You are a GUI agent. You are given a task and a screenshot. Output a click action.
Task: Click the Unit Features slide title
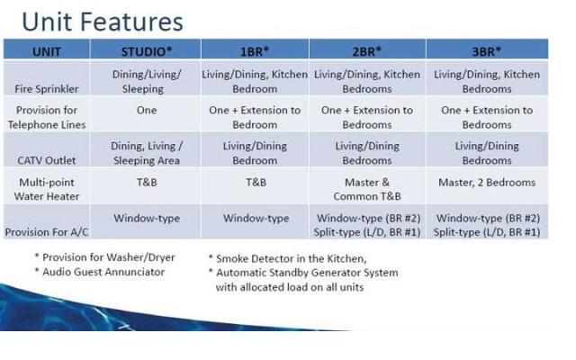[103, 22]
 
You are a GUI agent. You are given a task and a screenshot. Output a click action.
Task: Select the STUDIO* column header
[147, 51]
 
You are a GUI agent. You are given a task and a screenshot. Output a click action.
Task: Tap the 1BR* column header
[255, 51]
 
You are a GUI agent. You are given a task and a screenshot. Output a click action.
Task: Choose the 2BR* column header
[366, 51]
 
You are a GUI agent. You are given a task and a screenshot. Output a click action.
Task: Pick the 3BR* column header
[486, 51]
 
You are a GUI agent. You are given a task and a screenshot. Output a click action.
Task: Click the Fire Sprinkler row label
[47, 89]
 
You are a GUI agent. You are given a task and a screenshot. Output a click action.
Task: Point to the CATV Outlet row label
[47, 160]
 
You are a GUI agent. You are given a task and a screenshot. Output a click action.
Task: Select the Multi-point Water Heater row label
[47, 189]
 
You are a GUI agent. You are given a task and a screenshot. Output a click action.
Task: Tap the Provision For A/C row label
[47, 232]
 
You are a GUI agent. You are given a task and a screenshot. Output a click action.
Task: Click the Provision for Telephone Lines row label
[47, 118]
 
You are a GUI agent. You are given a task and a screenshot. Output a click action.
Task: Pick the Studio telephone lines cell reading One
[147, 110]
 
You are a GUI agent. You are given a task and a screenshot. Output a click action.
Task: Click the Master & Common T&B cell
[367, 189]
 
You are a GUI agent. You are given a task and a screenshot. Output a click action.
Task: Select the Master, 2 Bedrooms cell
[487, 183]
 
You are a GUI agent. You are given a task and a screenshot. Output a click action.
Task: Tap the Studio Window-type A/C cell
[147, 218]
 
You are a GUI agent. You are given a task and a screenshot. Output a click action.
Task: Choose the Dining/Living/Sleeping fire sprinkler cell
[147, 82]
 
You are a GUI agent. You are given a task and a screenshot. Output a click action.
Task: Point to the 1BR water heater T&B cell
[256, 183]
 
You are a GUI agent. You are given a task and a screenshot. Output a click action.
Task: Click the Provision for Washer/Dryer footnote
[105, 257]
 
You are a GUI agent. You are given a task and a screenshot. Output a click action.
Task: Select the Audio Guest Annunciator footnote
[100, 272]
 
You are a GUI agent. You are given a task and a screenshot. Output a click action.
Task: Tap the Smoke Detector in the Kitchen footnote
[288, 258]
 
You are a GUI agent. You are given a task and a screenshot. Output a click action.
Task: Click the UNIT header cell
[47, 51]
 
